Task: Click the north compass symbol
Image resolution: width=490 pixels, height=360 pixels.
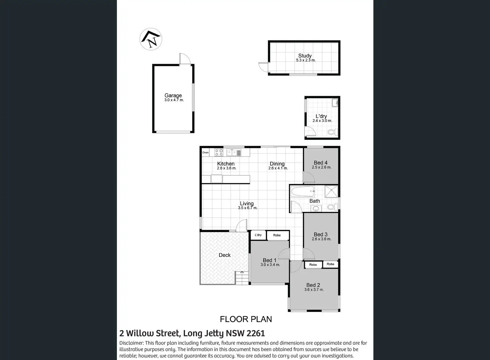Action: [x=151, y=39]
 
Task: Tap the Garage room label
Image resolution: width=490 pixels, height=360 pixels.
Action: [x=173, y=95]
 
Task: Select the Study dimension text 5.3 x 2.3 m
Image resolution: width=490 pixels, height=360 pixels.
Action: [x=306, y=60]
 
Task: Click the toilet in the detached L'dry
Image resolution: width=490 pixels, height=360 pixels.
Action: [x=332, y=132]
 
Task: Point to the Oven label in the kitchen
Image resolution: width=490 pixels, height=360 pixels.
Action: [x=205, y=153]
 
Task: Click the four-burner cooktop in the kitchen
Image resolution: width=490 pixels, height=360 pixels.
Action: [x=219, y=153]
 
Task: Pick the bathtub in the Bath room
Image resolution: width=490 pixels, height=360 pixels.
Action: [x=303, y=192]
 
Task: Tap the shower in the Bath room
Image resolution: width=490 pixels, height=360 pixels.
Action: [x=331, y=192]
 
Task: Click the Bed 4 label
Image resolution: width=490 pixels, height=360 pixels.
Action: [x=320, y=163]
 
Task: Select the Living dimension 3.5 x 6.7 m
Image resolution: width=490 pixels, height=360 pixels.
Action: [x=248, y=208]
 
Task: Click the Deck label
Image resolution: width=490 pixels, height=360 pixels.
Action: [x=225, y=255]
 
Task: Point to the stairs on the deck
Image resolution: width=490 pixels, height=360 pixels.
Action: [x=242, y=278]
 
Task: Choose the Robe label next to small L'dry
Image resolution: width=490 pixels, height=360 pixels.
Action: [x=277, y=235]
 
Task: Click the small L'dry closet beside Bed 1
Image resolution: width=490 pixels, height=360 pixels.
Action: [x=258, y=235]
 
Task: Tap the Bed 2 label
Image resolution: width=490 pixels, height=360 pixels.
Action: [x=313, y=285]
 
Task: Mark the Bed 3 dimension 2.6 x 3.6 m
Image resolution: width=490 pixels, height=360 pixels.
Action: [x=322, y=239]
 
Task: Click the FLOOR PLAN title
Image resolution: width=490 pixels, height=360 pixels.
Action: [x=246, y=319]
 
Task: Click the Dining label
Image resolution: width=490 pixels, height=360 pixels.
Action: [x=277, y=164]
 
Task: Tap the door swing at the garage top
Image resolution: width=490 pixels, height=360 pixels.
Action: [x=185, y=59]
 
